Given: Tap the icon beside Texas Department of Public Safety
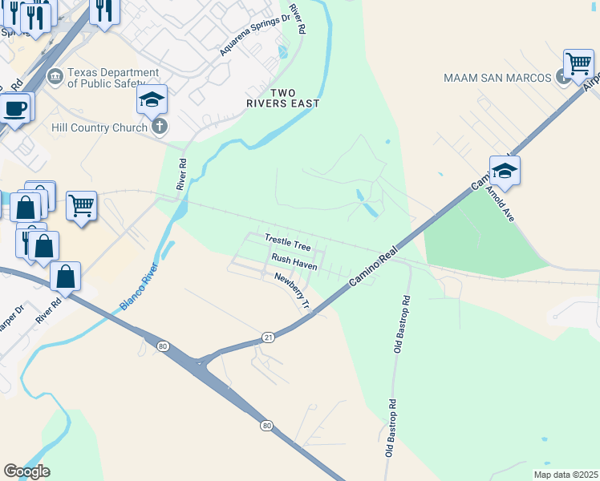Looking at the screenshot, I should tap(55, 77).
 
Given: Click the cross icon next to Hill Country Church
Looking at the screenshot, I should tap(160, 127).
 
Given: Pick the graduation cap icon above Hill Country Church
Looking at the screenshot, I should tap(152, 101).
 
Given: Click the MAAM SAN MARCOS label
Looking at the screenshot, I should tap(497, 78).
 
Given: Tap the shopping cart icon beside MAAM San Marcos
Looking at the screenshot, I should tap(578, 64).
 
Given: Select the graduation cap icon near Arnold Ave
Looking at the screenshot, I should tap(505, 171).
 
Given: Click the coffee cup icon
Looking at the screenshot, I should tap(15, 108).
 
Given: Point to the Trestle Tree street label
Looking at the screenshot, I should tap(287, 241).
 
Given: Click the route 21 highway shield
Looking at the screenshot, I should tap(269, 338).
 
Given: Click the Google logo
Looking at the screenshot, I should tap(26, 471).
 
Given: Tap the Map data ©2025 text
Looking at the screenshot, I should tap(565, 474).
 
